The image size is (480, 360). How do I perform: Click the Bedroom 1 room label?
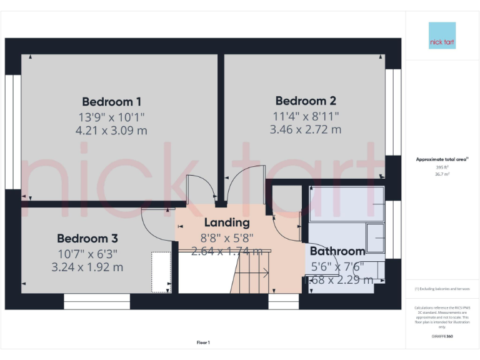(x=111, y=101)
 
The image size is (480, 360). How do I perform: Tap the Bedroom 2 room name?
(x=306, y=101)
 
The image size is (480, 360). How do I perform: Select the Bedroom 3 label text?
(x=87, y=238)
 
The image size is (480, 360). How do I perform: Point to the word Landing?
(x=226, y=222)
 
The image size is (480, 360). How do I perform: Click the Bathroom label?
(x=337, y=251)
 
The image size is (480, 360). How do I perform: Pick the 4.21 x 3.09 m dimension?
(x=111, y=130)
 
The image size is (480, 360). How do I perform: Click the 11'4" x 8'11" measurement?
(x=306, y=116)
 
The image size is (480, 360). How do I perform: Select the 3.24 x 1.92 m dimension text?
(x=87, y=267)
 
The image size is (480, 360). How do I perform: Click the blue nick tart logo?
(x=442, y=36)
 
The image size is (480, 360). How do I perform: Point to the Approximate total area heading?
(x=442, y=160)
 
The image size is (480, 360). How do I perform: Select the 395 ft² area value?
(x=442, y=167)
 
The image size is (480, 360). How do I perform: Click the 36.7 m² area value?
(x=442, y=174)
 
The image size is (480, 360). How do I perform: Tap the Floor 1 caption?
(x=203, y=342)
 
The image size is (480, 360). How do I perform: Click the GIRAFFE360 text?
(x=442, y=336)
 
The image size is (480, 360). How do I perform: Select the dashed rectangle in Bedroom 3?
(x=161, y=272)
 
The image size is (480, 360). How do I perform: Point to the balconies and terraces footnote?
(x=442, y=289)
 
